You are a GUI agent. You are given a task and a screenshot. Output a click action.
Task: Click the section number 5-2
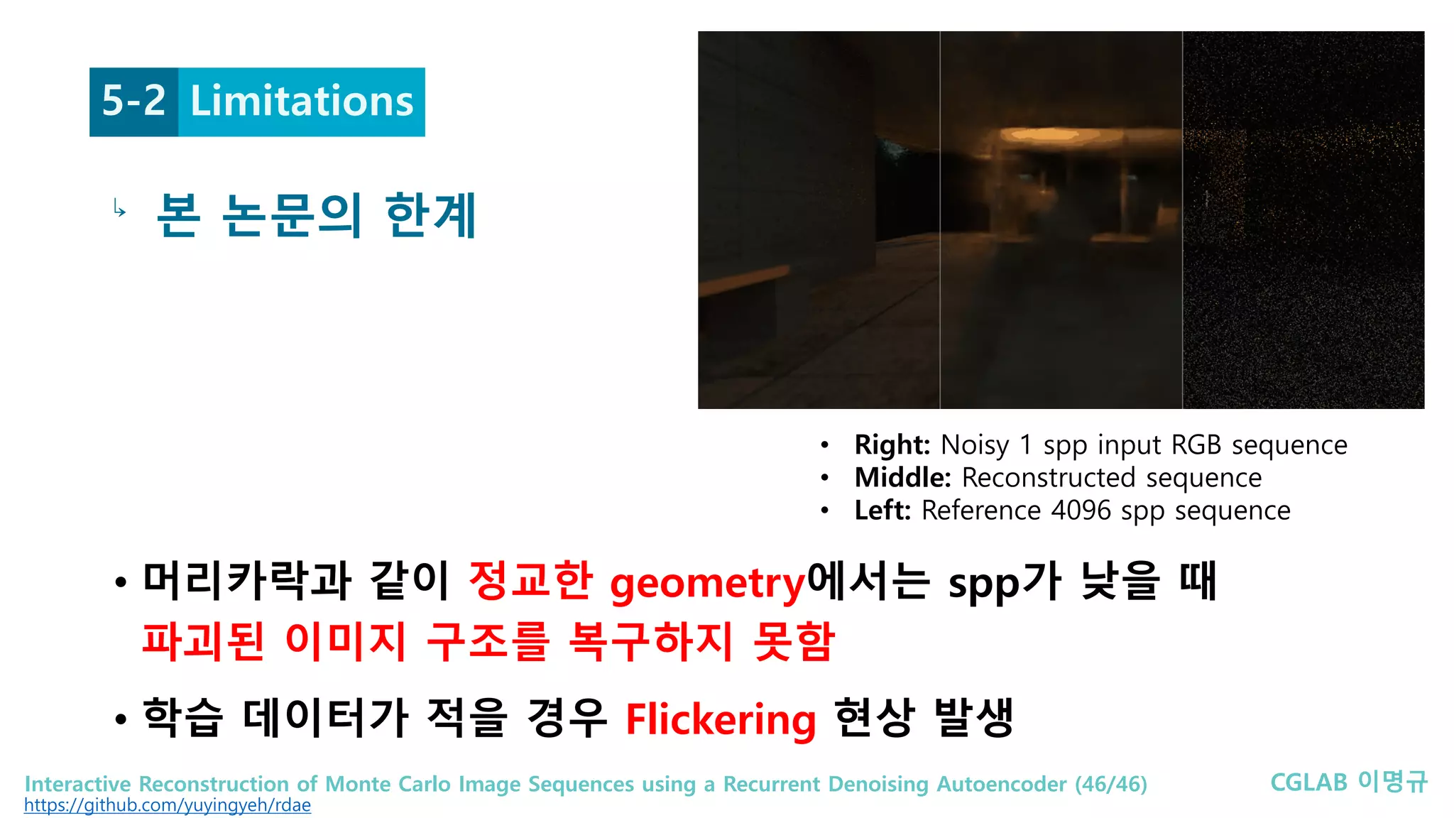coord(133,101)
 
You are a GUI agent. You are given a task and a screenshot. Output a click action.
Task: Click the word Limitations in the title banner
coord(302,101)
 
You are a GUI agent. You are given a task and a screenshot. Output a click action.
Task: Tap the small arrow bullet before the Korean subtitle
coord(119,209)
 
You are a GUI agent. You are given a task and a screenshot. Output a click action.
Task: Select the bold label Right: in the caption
coord(892,445)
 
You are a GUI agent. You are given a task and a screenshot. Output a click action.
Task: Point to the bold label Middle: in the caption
coord(902,478)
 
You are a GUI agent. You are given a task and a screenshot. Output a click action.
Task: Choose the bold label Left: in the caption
coord(882,511)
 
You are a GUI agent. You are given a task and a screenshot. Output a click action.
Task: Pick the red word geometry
coord(708,584)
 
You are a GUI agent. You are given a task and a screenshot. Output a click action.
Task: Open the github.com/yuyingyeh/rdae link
coord(168,805)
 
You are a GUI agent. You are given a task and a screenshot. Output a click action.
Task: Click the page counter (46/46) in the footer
coord(1111,784)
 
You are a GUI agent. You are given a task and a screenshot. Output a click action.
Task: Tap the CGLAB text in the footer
coord(1308,782)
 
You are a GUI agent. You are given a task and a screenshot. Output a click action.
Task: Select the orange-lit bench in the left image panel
coord(742,284)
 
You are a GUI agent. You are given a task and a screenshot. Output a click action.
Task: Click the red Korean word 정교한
coord(530,581)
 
